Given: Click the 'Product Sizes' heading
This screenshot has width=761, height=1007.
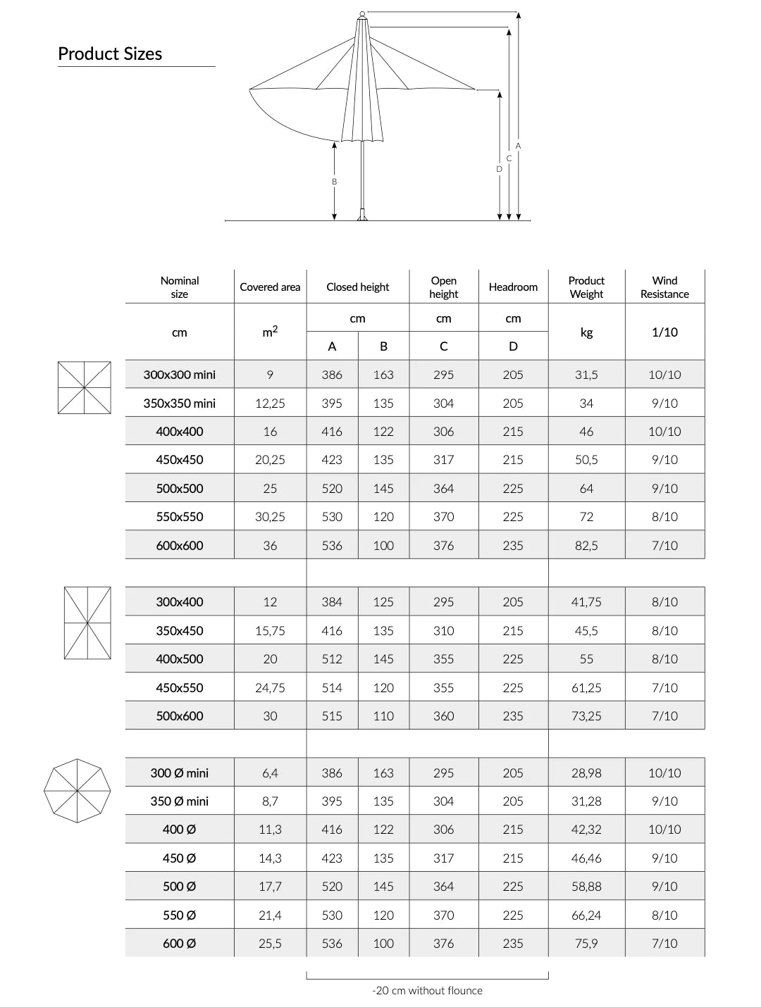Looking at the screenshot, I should click(110, 54).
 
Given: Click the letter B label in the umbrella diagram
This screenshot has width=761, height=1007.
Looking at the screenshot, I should click(335, 182).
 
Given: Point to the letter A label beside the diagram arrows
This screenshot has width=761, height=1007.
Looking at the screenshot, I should click(518, 146).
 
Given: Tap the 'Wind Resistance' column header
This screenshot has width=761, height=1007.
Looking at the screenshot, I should click(664, 287).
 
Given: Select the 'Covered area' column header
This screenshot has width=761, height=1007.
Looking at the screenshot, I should click(270, 287).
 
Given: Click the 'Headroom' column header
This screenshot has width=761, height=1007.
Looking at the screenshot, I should click(513, 287).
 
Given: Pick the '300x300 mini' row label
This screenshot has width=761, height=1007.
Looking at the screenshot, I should click(180, 375).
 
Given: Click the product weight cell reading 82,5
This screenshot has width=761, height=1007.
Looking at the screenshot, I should click(586, 546).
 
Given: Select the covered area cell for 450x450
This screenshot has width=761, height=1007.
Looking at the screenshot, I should click(270, 460).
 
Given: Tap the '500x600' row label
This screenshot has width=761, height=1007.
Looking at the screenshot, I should click(180, 716).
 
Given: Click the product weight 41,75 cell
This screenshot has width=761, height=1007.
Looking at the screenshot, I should click(586, 602).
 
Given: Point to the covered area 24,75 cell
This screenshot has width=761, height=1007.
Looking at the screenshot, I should click(270, 688).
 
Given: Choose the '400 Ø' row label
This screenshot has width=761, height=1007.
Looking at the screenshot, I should click(180, 830).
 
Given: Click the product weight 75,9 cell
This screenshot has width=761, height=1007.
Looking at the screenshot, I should click(586, 944).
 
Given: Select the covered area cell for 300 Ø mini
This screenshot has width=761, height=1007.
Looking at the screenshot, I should click(270, 773).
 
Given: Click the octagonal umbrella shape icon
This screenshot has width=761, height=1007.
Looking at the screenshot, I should click(78, 791).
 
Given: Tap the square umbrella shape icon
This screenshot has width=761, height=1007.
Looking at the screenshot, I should click(85, 388).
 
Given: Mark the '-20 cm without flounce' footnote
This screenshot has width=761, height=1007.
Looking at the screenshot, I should click(427, 991).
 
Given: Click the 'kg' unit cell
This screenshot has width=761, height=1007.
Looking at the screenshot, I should click(586, 332).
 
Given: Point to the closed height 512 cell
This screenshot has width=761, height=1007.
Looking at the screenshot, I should click(332, 659).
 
